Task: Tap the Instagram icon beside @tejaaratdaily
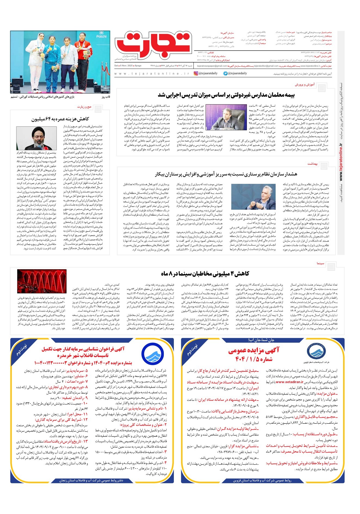pos(196,73)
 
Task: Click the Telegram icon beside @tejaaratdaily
pos(225,73)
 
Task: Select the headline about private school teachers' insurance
pos(226,95)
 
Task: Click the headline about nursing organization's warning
pos(226,174)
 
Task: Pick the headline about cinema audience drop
pos(205,273)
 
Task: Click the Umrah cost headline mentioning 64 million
pos(60,119)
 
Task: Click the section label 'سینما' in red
pos(320,263)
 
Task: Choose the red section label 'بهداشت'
pos(313,164)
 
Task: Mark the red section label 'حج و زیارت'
pos(84,107)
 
